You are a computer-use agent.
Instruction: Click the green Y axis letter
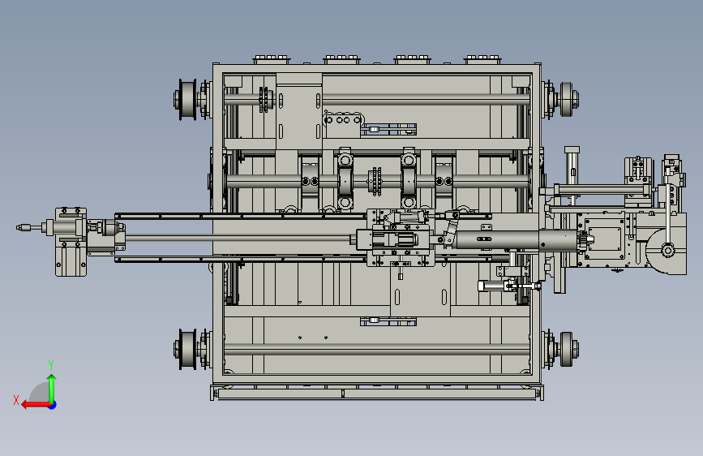click(x=51, y=364)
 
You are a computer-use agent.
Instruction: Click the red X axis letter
click(x=16, y=400)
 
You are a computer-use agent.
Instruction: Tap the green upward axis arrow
click(x=52, y=389)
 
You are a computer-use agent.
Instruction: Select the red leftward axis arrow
click(x=36, y=405)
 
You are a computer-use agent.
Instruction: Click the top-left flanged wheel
click(x=185, y=100)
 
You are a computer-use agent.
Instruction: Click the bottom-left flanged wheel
click(x=185, y=349)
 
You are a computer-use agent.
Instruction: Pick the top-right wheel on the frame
click(x=568, y=100)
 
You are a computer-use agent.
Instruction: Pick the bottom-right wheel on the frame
click(x=568, y=349)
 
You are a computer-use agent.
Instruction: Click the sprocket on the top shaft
click(x=265, y=100)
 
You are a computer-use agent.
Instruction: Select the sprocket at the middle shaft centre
click(x=375, y=181)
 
